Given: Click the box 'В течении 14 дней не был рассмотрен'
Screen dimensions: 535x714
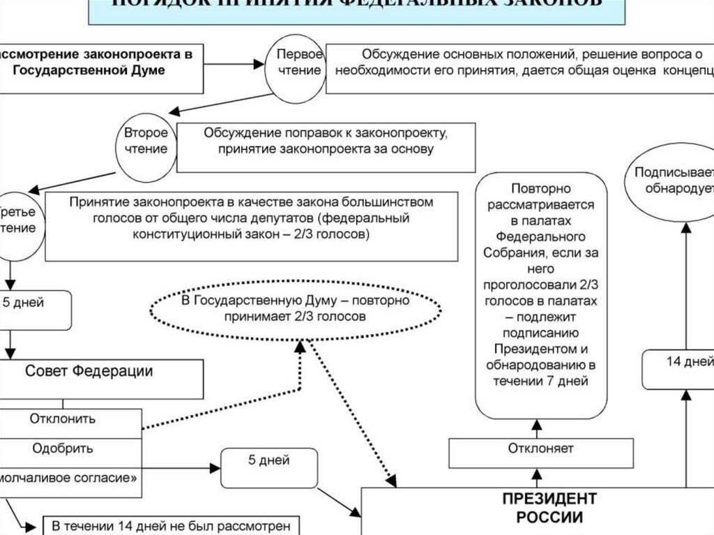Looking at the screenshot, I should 171,525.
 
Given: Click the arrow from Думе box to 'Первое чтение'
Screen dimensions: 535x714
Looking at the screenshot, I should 237,63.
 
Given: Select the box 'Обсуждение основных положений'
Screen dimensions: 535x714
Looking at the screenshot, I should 519,63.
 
